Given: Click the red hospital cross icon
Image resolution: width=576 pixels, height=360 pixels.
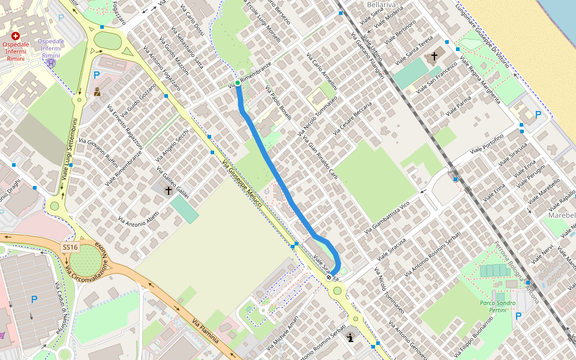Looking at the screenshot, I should tap(15, 36).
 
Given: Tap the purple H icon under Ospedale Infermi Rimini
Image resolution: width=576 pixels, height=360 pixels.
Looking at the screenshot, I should tap(52, 62).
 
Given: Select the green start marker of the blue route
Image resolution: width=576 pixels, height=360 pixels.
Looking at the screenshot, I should tap(238, 82).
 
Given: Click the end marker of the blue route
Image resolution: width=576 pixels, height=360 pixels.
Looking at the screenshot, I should tap(329, 277).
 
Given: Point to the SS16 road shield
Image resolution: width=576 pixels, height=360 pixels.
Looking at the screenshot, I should tap(70, 247).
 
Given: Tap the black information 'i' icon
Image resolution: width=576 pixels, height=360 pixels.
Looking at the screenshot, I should tap(350, 338).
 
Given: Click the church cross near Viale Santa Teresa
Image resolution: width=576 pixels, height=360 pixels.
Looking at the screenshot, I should tap(434, 56).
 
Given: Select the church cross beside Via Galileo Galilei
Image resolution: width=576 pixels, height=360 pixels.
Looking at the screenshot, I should tap(169, 191).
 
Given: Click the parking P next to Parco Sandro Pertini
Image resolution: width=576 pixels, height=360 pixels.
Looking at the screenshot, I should tap(517, 316).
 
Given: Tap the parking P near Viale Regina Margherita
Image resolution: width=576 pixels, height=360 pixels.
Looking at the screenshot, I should tap(538, 114).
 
